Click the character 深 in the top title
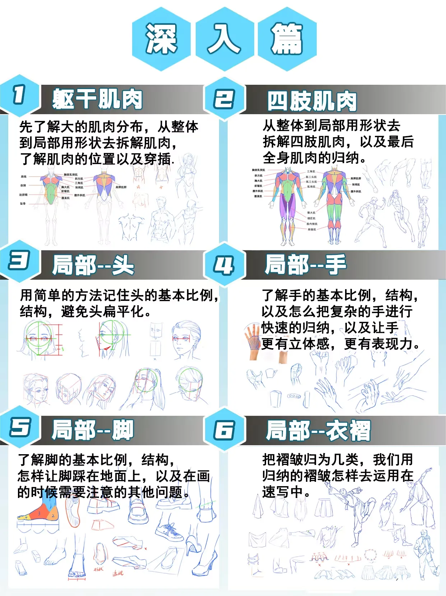pyautogui.click(x=161, y=39)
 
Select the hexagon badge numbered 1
pyautogui.click(x=19, y=95)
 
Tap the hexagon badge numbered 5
pyautogui.click(x=19, y=427)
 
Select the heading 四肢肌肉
pyautogui.click(x=312, y=101)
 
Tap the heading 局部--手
pyautogui.click(x=306, y=264)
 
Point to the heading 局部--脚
pyautogui.click(x=93, y=430)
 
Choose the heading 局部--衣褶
pyautogui.click(x=318, y=430)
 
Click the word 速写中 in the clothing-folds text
pyautogui.click(x=286, y=492)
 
